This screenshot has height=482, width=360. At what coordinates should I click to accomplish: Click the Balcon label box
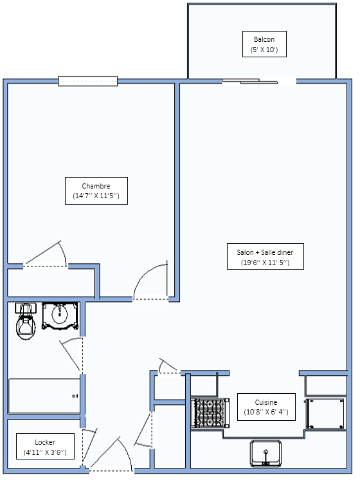pyautogui.click(x=264, y=44)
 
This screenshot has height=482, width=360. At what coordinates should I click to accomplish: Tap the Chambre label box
pyautogui.click(x=96, y=190)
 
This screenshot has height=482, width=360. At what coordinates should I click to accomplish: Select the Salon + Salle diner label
pyautogui.click(x=265, y=256)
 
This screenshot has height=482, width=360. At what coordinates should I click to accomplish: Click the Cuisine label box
pyautogui.click(x=266, y=407)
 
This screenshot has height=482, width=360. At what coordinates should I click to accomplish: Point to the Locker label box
pyautogui.click(x=45, y=447)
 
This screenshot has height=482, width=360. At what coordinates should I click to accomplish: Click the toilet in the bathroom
pyautogui.click(x=26, y=321)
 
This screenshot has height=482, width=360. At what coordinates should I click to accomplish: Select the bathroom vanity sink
pyautogui.click(x=60, y=317)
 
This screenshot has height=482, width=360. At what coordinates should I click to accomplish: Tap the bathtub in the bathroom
pyautogui.click(x=45, y=396)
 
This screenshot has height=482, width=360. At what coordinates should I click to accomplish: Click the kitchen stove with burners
pyautogui.click(x=210, y=413)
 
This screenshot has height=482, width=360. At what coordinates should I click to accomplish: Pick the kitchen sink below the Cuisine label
pyautogui.click(x=265, y=453)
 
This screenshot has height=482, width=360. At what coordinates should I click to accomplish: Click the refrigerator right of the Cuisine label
pyautogui.click(x=325, y=413)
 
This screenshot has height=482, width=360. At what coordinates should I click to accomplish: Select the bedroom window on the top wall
pyautogui.click(x=88, y=81)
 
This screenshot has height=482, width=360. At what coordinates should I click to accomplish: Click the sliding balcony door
pyautogui.click(x=249, y=81)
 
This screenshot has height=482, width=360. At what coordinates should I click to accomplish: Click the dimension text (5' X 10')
pyautogui.click(x=264, y=50)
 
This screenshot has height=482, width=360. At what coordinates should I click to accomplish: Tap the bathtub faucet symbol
pyautogui.click(x=75, y=396)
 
